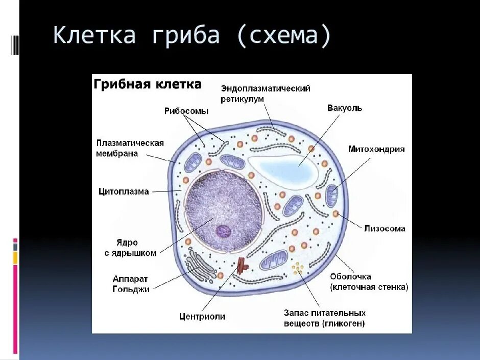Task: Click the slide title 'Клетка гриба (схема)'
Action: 192,35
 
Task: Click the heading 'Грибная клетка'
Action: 148,84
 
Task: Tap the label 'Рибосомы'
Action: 186,111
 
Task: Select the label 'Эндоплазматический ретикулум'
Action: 266,93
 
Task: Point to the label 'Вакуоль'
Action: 344,108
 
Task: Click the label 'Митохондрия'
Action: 376,149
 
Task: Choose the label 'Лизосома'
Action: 385,228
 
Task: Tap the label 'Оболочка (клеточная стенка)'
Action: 369,282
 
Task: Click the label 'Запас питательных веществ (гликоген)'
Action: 324,318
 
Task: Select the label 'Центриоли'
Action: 202,316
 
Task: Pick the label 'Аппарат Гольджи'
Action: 131,284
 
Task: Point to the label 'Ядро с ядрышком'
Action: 130,248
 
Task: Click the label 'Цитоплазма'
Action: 124,191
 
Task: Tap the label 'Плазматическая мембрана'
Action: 130,148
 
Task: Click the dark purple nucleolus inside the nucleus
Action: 223,231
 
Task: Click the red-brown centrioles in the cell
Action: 242,266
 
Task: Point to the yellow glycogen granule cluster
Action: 297,269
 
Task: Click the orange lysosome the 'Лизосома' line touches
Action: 336,213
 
